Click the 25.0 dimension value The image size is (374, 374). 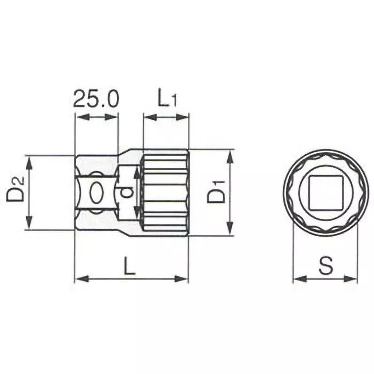coord(96,99)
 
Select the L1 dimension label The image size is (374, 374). coord(166,99)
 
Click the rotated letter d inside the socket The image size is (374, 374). coord(125,192)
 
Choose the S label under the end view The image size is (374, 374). coord(325,266)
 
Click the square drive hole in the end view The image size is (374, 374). coord(325,193)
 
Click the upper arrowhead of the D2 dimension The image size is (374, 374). coord(29,160)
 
